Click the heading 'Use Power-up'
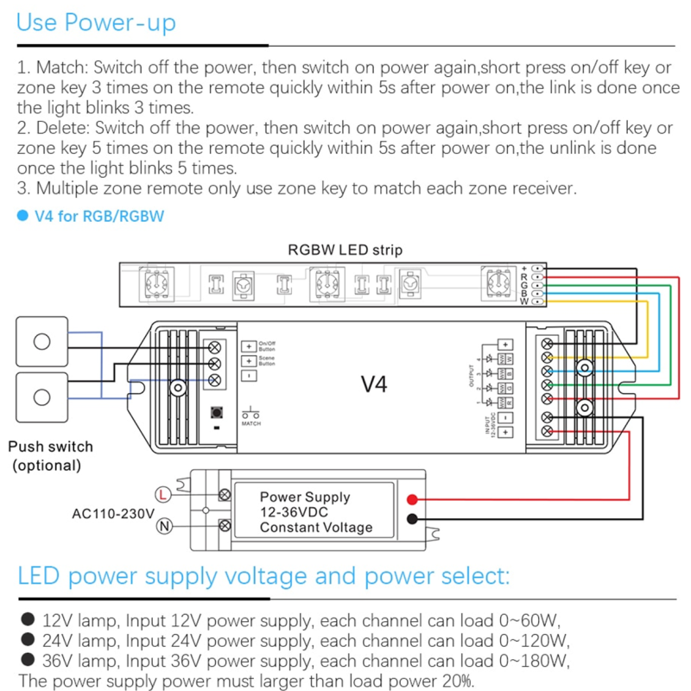pos(96,22)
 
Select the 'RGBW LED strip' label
pos(345,250)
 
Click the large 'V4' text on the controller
pos(373,384)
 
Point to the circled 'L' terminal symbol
pos(162,495)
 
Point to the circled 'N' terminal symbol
pos(162,527)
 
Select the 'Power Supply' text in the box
pos(305,497)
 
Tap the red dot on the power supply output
pos(413,500)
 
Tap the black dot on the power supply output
pos(413,519)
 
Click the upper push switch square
pos(41,340)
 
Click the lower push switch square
pos(41,396)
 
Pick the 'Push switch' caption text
pos(50,447)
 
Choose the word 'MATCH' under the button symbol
pos(251,424)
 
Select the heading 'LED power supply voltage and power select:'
pos(263,576)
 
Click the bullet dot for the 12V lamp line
pos(27,618)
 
